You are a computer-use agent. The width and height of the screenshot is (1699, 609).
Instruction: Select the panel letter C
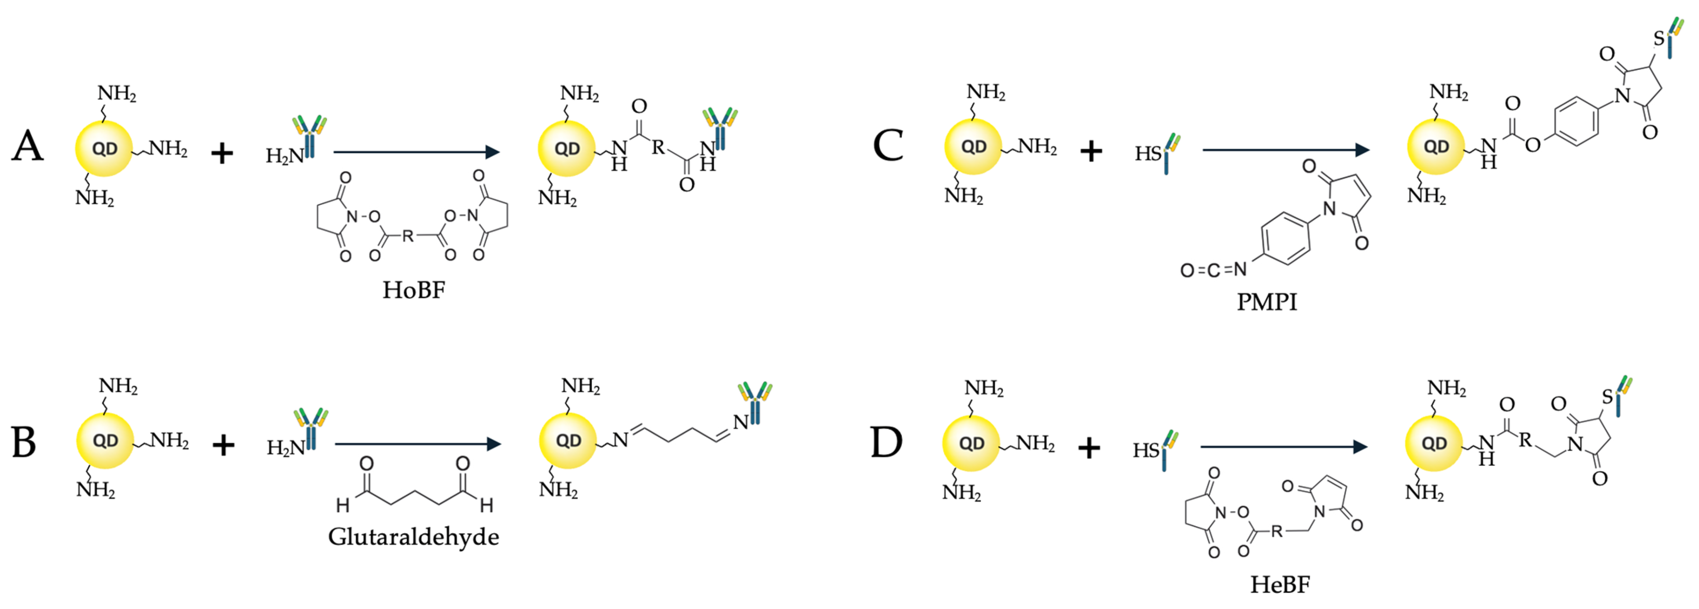click(888, 145)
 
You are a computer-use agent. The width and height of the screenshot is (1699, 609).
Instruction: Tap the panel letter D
click(886, 442)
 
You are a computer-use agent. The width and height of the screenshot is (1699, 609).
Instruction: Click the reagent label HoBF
click(414, 290)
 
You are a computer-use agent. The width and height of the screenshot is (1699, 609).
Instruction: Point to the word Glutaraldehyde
click(414, 537)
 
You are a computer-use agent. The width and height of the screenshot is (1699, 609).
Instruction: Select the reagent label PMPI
click(1266, 302)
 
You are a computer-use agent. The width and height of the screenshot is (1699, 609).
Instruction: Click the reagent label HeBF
click(1280, 584)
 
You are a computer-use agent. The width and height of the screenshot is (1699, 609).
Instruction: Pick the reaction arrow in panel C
click(1286, 150)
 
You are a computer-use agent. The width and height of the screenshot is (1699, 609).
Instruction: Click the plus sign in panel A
click(222, 154)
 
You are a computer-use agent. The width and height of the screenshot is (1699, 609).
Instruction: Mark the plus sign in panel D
click(1089, 449)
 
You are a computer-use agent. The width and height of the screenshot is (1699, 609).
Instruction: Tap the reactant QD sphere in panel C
click(973, 147)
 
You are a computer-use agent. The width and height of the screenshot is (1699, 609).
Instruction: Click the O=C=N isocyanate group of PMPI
click(1213, 270)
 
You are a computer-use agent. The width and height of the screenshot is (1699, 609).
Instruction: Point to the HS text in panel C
click(1148, 154)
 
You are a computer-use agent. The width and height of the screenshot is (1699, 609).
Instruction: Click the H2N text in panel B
click(285, 449)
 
